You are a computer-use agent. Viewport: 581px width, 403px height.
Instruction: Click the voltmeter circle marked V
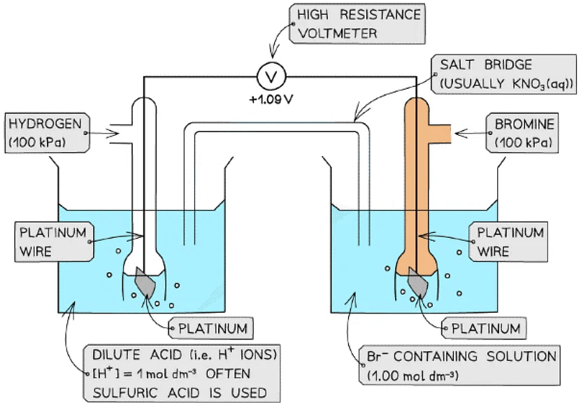tap(269, 75)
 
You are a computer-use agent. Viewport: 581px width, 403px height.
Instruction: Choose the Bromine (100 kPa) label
tap(524, 133)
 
